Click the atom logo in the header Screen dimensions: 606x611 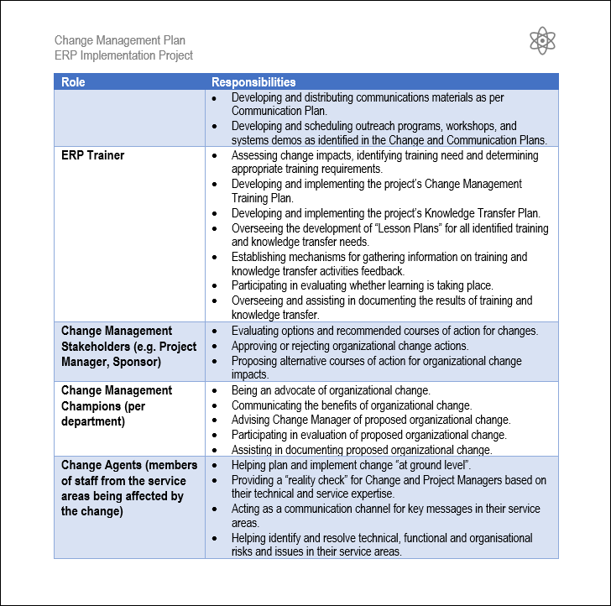[542, 40]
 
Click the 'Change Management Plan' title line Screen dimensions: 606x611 [120, 40]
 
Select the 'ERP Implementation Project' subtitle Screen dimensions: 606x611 [123, 55]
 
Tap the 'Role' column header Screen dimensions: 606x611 [73, 82]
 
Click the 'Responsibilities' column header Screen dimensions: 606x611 [253, 82]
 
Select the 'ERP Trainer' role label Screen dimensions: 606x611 [92, 155]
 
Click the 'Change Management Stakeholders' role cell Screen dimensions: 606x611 [128, 347]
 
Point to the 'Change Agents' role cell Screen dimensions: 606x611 [128, 488]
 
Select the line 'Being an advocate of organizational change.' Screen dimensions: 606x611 [331, 390]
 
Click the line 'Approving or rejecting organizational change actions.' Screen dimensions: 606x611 [350, 346]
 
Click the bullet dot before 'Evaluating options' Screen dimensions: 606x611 [216, 332]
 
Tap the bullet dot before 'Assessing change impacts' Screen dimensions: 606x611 [216, 156]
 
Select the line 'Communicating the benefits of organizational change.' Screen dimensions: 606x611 [351, 405]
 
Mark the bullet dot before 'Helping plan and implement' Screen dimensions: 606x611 [216, 466]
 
